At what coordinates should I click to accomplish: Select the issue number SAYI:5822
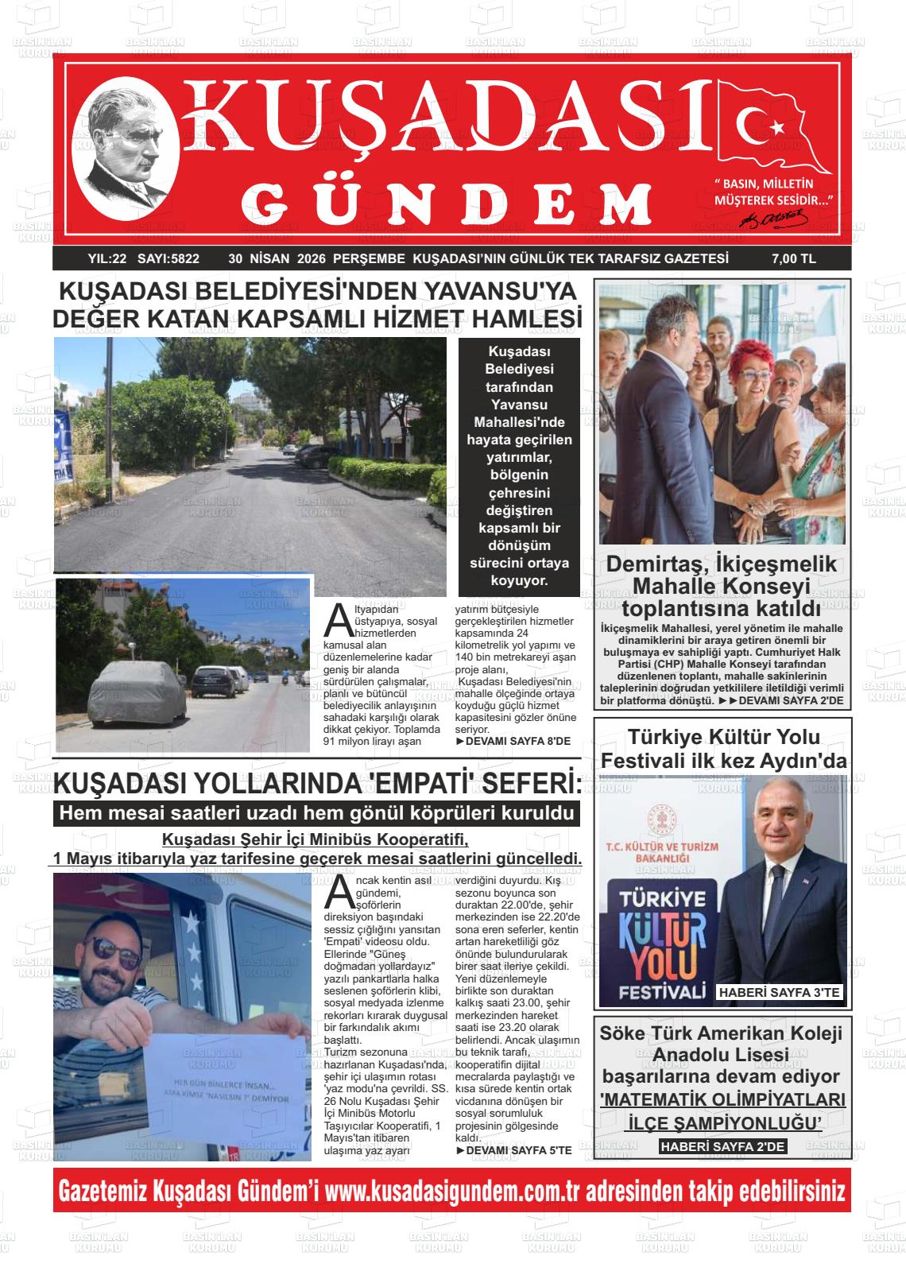click(x=168, y=258)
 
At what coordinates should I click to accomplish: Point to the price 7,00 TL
click(x=793, y=258)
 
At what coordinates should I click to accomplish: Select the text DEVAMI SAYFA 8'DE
click(x=513, y=741)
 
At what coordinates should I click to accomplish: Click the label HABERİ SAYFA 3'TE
click(x=779, y=992)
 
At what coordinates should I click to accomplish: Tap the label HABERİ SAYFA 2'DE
click(x=723, y=1145)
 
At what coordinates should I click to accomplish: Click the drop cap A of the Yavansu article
click(x=338, y=620)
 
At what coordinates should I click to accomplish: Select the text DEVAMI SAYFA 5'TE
click(x=513, y=1149)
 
